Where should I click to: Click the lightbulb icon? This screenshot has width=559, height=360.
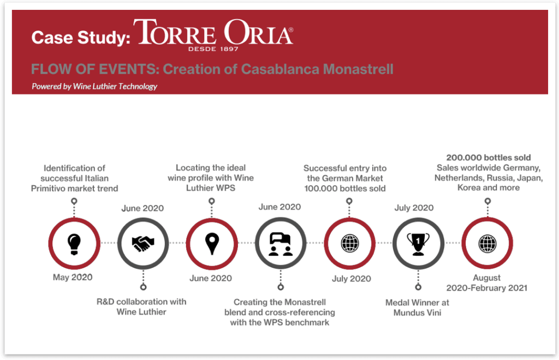[x=74, y=244]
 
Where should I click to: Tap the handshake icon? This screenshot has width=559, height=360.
[x=143, y=244]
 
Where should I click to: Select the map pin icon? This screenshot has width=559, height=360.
[x=212, y=244]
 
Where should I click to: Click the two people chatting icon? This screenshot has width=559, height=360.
[x=281, y=244]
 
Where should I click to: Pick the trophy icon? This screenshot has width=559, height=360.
[x=418, y=244]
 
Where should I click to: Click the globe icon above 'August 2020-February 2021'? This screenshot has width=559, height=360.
[x=487, y=244]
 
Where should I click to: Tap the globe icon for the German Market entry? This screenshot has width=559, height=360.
[x=350, y=244]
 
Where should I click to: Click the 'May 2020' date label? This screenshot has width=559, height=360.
[x=73, y=277]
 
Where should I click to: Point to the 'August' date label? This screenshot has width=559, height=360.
[x=486, y=278]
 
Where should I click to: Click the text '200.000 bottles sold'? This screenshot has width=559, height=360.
[x=489, y=157]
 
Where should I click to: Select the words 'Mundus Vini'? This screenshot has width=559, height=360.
[x=417, y=312]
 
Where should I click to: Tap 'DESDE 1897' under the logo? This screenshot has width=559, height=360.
[x=213, y=49]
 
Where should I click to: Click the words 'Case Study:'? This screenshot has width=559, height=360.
[x=81, y=38]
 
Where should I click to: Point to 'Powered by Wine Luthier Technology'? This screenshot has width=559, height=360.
[x=94, y=86]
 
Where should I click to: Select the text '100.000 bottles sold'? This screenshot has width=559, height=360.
[x=345, y=188]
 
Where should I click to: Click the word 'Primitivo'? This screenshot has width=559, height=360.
[x=51, y=188]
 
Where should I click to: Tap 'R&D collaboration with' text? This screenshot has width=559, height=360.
[x=141, y=302]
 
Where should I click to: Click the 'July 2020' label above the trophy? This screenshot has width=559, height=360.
[x=414, y=208]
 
